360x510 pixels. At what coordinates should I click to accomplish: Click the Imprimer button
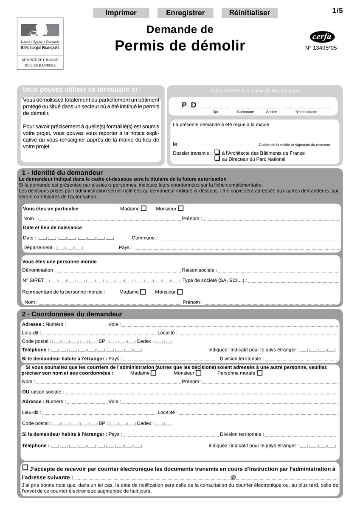(x=121, y=13)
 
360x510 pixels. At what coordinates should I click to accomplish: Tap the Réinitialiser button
(x=250, y=13)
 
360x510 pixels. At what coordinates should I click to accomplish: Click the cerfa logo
(x=322, y=37)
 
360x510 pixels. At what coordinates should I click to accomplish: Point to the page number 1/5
(x=337, y=11)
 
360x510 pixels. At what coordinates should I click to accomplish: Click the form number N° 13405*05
(x=321, y=48)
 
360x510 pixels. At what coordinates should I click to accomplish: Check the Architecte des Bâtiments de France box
(x=217, y=152)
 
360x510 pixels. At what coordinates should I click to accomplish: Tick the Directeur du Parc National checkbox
(x=217, y=158)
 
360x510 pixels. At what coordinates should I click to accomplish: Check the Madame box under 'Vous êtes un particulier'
(x=144, y=208)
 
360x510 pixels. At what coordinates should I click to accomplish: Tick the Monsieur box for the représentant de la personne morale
(x=180, y=292)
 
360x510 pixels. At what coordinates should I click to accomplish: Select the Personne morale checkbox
(x=260, y=373)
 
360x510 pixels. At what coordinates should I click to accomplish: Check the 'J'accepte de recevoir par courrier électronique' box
(x=25, y=467)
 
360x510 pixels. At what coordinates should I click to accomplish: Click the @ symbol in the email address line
(x=233, y=478)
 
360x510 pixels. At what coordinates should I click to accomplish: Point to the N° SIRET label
(x=34, y=280)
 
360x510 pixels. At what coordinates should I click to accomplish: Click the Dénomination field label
(x=39, y=270)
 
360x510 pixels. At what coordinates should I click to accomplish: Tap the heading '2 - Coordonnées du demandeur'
(x=72, y=314)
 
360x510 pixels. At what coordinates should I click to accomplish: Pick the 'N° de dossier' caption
(x=307, y=112)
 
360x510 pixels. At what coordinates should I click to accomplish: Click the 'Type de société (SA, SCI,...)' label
(x=214, y=280)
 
